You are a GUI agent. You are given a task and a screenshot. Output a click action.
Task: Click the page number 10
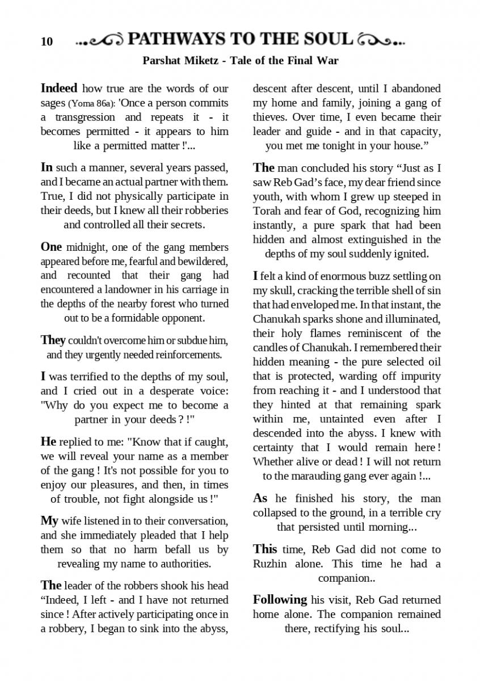coord(47,41)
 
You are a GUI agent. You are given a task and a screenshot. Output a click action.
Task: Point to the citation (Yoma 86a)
coord(92,104)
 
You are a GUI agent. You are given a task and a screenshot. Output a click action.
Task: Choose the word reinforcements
coord(186,355)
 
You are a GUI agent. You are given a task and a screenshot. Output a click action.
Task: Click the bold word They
coord(53,340)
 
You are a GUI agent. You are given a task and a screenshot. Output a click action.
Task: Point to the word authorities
coord(183,564)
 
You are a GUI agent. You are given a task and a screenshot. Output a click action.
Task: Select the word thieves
coord(270,117)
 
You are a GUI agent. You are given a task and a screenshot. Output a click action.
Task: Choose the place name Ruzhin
coord(270,564)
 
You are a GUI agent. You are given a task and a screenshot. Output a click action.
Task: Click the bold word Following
coord(280,599)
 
